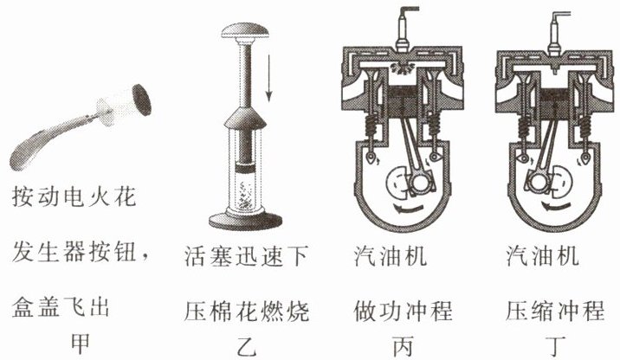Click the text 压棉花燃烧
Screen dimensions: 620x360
click(247, 309)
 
